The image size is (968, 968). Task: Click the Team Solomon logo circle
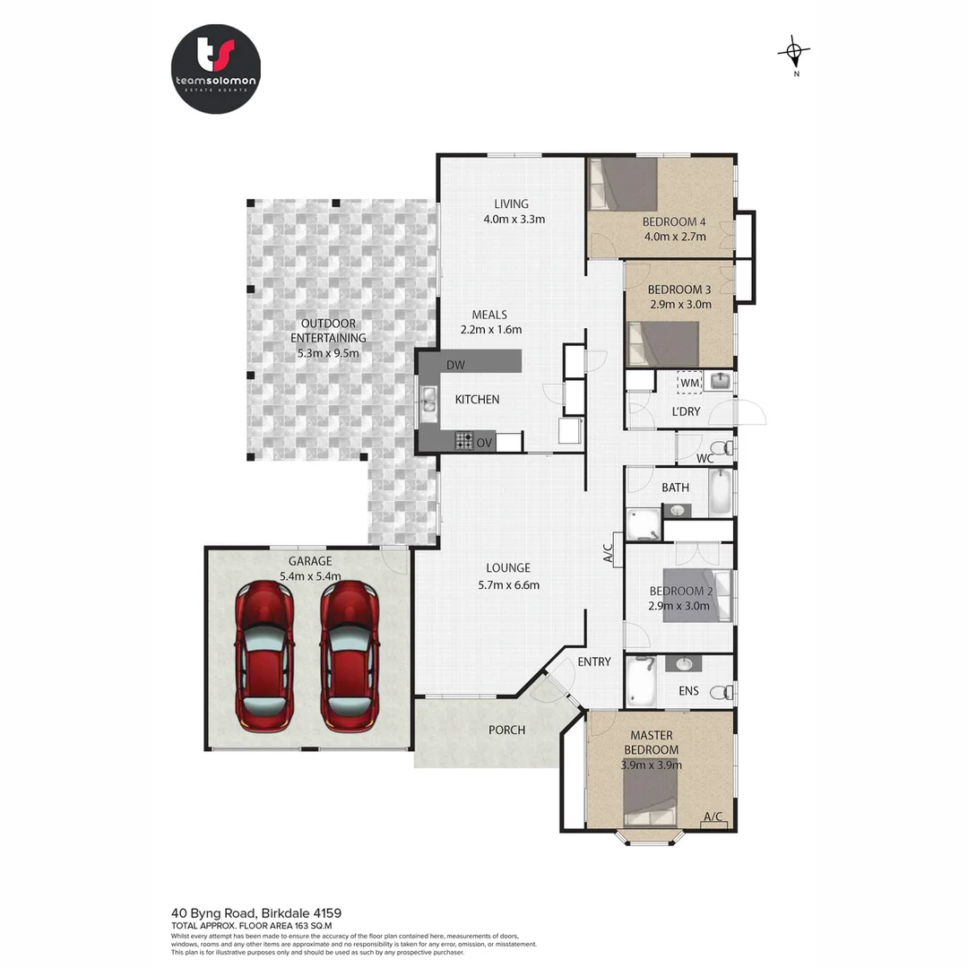click(215, 69)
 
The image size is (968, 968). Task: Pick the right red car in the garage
click(350, 654)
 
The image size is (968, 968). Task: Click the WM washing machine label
click(689, 383)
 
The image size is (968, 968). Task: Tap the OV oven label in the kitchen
click(484, 442)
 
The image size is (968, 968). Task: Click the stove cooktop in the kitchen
click(463, 440)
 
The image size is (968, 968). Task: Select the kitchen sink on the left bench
click(428, 400)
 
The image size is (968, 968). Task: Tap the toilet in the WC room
click(722, 447)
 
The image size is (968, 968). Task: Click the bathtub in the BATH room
click(721, 493)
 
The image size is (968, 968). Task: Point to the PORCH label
click(506, 730)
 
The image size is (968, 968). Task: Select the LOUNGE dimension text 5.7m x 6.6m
click(508, 585)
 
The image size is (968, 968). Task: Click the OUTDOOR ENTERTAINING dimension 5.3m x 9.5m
click(328, 353)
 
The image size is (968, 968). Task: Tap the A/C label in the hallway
click(608, 552)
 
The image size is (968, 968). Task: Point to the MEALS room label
click(489, 315)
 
